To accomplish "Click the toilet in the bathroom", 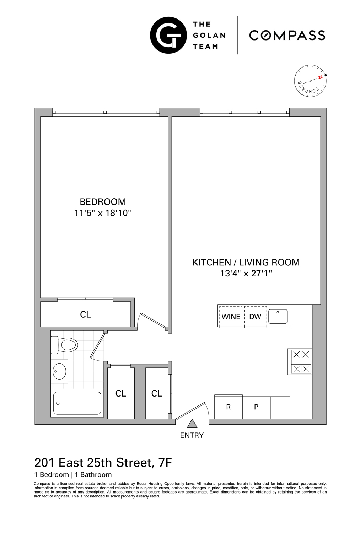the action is (x=66, y=345).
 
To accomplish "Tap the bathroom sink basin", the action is (x=59, y=371).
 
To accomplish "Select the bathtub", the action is (x=77, y=403).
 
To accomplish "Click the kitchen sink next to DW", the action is (x=278, y=316).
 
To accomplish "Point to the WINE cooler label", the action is (x=231, y=317).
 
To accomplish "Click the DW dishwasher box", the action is (x=255, y=317).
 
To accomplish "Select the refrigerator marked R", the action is (x=229, y=407).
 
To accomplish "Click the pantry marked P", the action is (x=256, y=407).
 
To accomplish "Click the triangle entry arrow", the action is (x=192, y=424).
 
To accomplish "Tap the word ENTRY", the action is (x=192, y=435).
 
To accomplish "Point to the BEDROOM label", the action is (x=103, y=202).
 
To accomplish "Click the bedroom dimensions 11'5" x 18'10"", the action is (x=103, y=213).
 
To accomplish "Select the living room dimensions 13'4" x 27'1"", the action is (x=246, y=274).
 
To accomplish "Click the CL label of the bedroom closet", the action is (x=85, y=314).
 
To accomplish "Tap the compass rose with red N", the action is (x=310, y=81).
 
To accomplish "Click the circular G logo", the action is (x=168, y=35).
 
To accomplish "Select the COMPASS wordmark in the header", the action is (x=287, y=35).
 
